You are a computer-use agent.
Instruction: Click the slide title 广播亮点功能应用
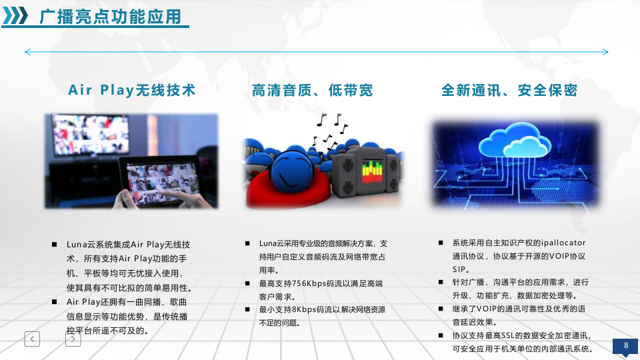(x=111, y=17)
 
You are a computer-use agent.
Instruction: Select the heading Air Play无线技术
(x=132, y=90)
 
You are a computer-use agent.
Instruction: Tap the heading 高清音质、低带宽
(x=312, y=90)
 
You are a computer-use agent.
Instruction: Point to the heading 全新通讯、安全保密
(x=509, y=90)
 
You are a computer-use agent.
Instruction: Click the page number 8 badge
(x=625, y=346)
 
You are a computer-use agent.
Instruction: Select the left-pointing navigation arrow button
(x=32, y=339)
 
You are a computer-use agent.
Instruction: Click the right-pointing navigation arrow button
(x=73, y=339)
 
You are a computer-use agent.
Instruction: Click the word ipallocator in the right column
(x=563, y=243)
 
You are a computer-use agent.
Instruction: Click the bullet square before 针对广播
(x=441, y=282)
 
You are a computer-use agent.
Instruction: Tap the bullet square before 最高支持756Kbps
(x=247, y=283)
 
